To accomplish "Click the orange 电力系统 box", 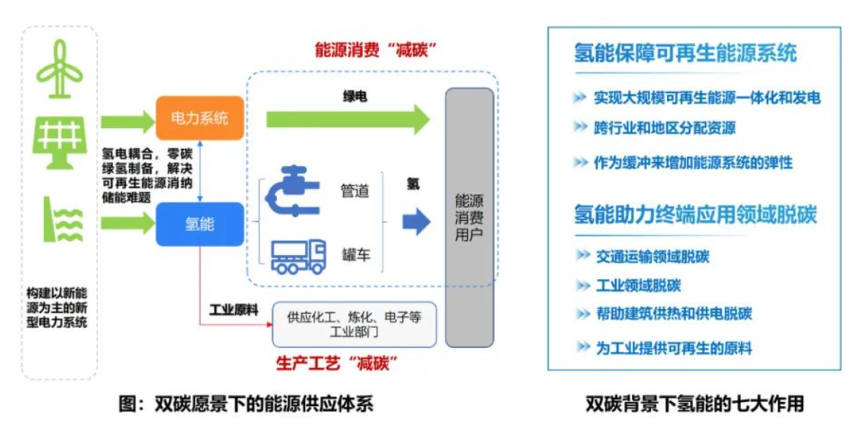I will pos(199,118).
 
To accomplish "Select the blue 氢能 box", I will pos(199,224).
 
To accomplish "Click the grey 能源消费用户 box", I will pos(469,217).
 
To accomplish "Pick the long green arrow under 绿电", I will pos(348,119).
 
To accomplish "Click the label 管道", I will pos(355,191).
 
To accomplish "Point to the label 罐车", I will pos(355,255).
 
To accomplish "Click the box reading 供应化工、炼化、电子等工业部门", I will pos(354,324).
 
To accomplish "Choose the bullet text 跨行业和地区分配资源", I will pos(664,129).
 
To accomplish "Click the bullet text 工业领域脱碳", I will pos(638,286).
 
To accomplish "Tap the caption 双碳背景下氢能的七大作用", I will pos(694,403).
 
